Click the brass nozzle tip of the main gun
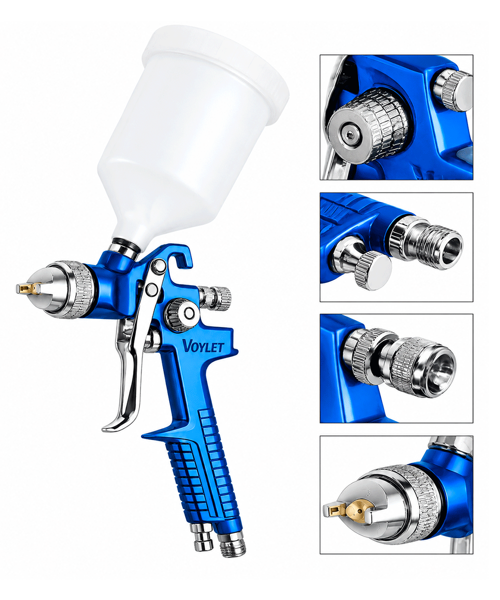point(28,288)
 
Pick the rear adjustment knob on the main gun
point(215,296)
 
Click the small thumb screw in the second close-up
point(372,269)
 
